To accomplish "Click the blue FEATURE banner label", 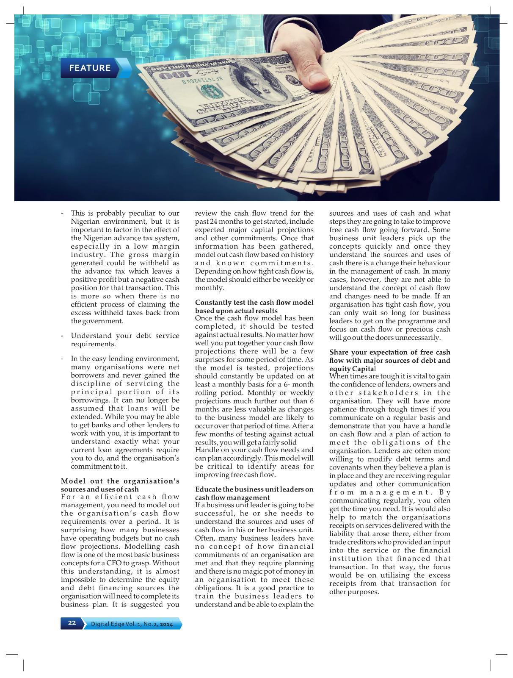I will (x=90, y=68).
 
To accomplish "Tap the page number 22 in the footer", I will (x=72, y=623).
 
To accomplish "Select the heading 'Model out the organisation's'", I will (x=120, y=481).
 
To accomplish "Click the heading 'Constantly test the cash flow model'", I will (x=254, y=303).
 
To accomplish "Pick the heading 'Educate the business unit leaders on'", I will (x=254, y=489).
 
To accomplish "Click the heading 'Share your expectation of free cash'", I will (x=389, y=353).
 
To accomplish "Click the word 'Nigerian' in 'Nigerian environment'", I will (x=86, y=222).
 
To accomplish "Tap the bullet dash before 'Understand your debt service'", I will (x=63, y=336).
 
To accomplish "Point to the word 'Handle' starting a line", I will (x=206, y=450).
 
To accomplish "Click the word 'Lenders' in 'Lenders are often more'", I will (x=387, y=451).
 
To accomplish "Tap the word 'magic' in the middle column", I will (x=252, y=572).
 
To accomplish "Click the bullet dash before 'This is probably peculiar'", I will (x=63, y=214).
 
